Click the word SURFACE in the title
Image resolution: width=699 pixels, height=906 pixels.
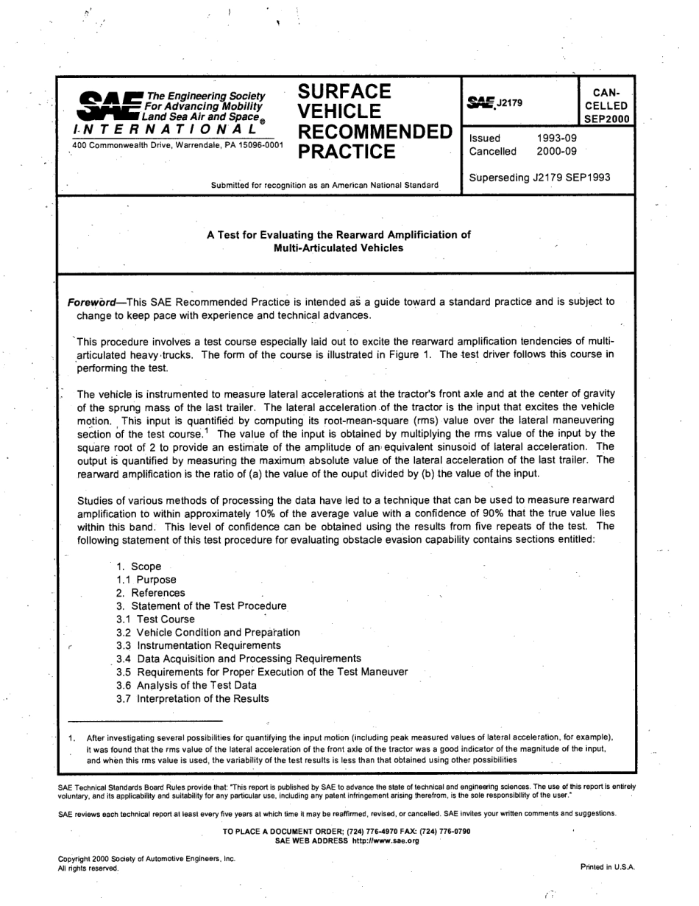(344, 92)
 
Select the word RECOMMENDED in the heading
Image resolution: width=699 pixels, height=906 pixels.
(375, 133)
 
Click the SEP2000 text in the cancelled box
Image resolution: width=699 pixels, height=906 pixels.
(606, 119)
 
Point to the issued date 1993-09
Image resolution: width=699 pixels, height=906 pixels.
(557, 138)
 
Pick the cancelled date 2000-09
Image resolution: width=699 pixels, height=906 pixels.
(557, 152)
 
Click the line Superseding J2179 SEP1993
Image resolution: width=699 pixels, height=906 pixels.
(539, 178)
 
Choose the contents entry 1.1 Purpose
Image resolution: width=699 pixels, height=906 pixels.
(146, 580)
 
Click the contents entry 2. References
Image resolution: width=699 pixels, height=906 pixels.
(150, 593)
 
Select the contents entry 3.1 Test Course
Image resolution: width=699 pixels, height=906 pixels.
(155, 619)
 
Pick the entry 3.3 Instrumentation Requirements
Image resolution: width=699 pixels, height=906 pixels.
(198, 646)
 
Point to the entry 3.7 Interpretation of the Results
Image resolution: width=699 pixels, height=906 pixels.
(192, 699)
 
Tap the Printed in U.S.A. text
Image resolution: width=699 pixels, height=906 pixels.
(607, 867)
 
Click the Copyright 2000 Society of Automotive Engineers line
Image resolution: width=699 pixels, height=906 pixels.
(146, 860)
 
